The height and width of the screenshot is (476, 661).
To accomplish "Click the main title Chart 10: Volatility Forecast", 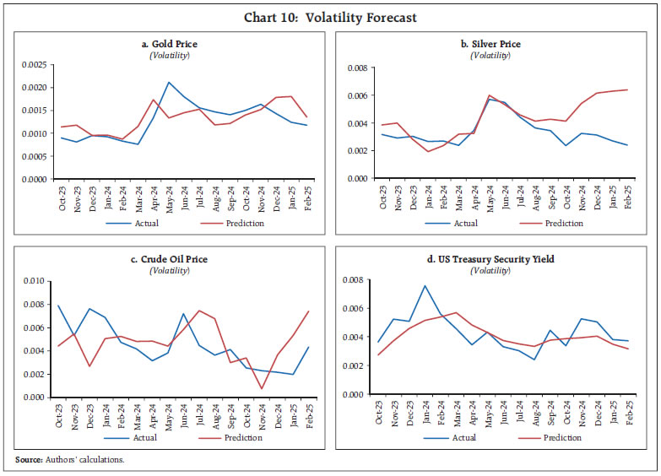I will [330, 17].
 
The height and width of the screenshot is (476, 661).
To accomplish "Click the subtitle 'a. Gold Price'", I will [169, 44].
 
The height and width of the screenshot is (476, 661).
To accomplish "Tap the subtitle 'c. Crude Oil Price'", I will [169, 259].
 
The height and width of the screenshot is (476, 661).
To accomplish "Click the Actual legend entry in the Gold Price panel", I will [138, 224].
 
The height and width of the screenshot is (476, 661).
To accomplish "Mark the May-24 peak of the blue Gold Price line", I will [169, 82].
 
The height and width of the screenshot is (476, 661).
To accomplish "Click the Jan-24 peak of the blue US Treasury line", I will [424, 285].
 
